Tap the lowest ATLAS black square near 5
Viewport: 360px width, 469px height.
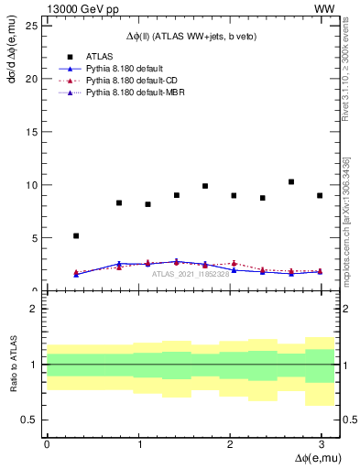pyautogui.click(x=76, y=235)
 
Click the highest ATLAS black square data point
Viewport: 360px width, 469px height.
pyautogui.click(x=291, y=181)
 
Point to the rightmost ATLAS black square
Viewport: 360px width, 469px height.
pyautogui.click(x=320, y=195)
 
